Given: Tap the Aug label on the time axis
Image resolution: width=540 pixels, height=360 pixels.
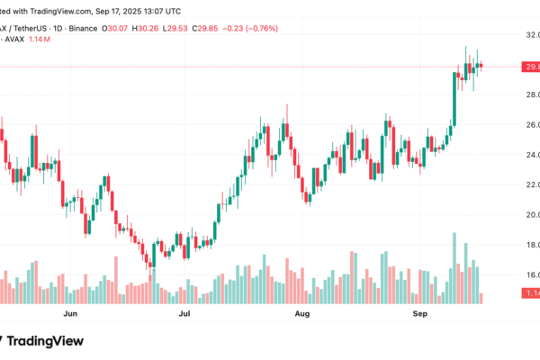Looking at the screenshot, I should point(302,316).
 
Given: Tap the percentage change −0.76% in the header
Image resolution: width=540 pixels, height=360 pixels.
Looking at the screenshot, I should point(261,28).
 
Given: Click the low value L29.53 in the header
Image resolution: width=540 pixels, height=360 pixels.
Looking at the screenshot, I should point(180,28).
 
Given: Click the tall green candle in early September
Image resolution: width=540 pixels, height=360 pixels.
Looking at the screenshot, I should point(454,99).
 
